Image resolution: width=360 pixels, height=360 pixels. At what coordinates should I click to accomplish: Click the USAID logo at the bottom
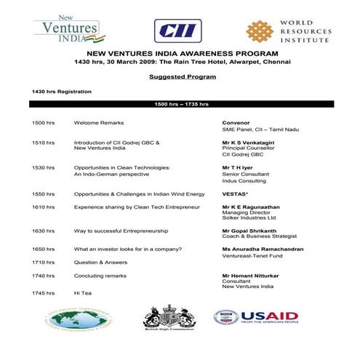[255, 317]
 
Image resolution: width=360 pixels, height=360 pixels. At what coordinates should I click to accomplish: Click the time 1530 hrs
[43, 167]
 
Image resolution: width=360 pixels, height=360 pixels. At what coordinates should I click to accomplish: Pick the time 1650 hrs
[43, 249]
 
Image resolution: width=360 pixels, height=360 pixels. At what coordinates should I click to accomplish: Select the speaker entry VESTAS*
[236, 194]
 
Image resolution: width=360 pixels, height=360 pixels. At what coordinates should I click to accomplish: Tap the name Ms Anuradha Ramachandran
[263, 249]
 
